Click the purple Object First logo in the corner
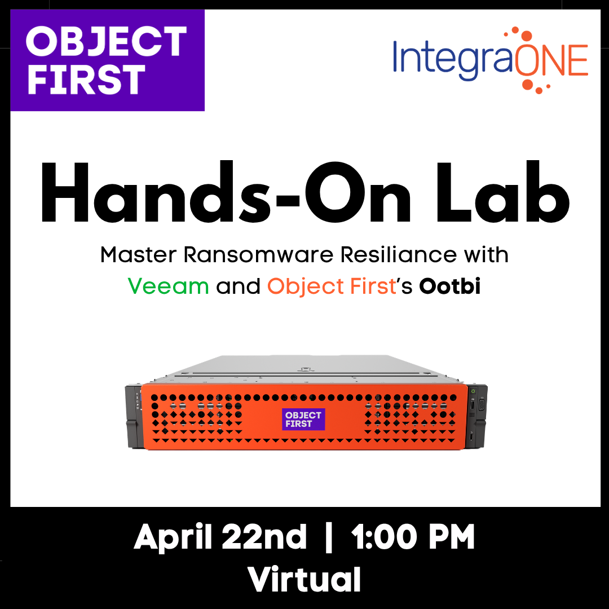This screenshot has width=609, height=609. [x=107, y=60]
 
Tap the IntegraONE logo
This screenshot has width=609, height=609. [x=490, y=59]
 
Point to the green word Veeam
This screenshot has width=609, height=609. [x=168, y=286]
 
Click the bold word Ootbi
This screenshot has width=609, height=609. [x=449, y=286]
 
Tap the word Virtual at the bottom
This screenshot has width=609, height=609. [x=304, y=579]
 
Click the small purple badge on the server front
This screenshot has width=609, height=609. [x=303, y=419]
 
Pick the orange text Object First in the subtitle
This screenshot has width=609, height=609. [x=332, y=286]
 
